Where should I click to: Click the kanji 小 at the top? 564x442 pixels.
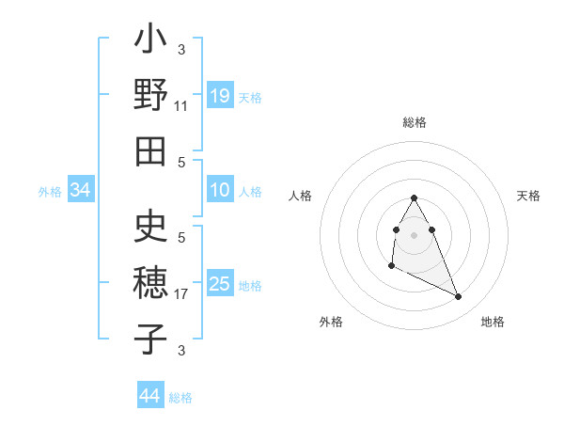click(x=151, y=40)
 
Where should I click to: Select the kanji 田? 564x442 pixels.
click(x=151, y=150)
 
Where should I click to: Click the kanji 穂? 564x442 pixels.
click(x=151, y=283)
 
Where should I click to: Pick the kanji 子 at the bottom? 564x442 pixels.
click(x=151, y=338)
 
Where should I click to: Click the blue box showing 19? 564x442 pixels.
click(x=219, y=95)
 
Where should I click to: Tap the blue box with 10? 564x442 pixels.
click(x=219, y=191)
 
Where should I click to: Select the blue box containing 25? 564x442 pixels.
click(x=219, y=284)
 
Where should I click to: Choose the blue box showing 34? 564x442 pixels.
click(x=81, y=191)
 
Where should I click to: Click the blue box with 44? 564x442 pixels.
click(x=149, y=396)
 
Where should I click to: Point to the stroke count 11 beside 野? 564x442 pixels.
click(x=181, y=106)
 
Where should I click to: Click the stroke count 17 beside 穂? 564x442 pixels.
click(x=181, y=294)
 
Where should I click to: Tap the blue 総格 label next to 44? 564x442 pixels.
click(x=180, y=398)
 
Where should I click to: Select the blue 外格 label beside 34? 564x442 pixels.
click(x=50, y=192)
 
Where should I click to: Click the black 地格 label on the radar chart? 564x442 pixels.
click(x=493, y=322)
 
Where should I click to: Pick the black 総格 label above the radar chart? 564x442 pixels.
click(x=415, y=122)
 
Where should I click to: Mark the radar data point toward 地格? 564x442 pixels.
click(x=459, y=297)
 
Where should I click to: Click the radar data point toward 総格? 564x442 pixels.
click(x=415, y=197)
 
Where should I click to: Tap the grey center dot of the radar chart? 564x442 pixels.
click(x=415, y=234)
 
